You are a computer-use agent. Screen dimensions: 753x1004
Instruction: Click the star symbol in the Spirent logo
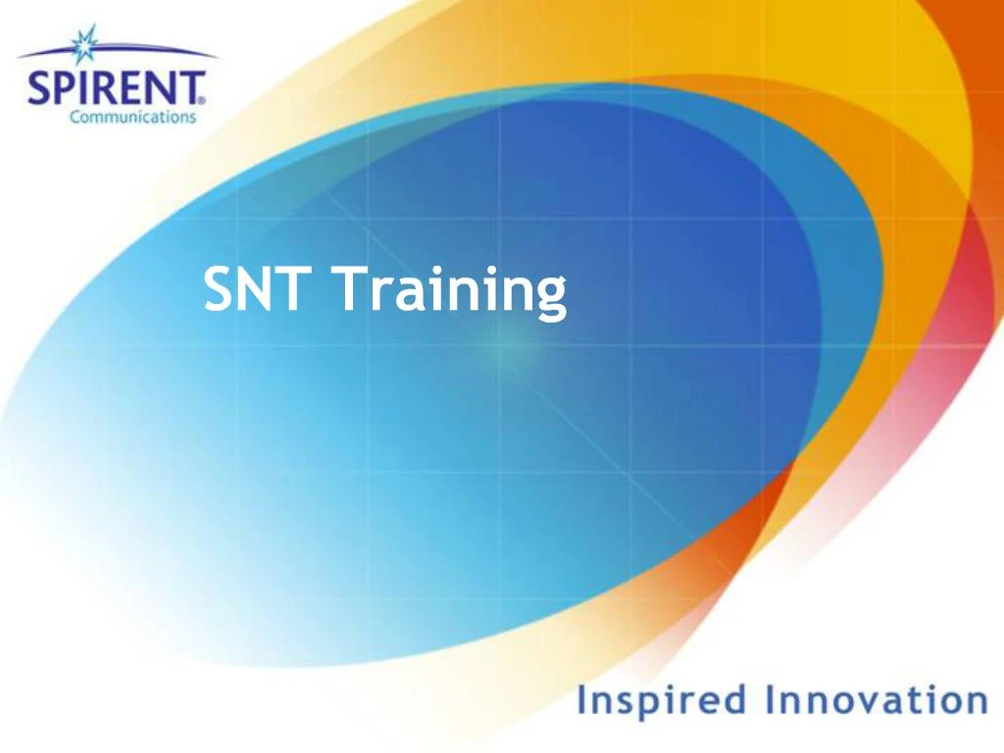pos(83,43)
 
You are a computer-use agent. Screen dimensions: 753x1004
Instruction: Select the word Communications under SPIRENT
pos(132,117)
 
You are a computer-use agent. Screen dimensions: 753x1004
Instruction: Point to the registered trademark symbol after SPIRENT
pos(203,99)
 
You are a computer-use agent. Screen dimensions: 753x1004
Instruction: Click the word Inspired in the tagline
pos(662,702)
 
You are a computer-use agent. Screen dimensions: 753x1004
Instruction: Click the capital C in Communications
pos(75,117)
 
